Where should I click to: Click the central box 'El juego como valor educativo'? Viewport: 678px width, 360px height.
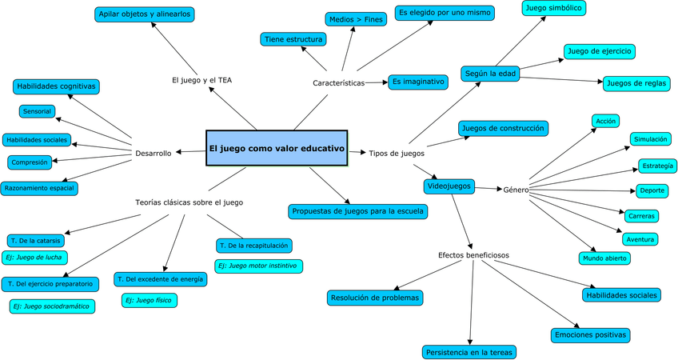pyautogui.click(x=277, y=148)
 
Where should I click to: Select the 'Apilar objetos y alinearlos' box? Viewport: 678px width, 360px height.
pyautogui.click(x=145, y=14)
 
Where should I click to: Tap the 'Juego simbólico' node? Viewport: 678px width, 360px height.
pyautogui.click(x=554, y=8)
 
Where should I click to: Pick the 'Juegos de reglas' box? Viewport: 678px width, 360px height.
pyautogui.click(x=636, y=82)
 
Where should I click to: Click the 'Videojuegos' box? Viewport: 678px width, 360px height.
pyautogui.click(x=449, y=186)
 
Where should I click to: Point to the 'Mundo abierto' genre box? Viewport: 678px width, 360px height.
pyautogui.click(x=604, y=258)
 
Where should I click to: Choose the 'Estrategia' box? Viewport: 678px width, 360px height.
pyautogui.click(x=657, y=166)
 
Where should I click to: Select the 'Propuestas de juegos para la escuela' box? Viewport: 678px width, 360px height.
pyautogui.click(x=357, y=211)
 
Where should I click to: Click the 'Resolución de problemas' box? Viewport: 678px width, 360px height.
pyautogui.click(x=375, y=298)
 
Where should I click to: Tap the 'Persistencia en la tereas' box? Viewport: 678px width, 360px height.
pyautogui.click(x=469, y=351)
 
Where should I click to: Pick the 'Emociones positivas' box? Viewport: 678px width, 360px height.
pyautogui.click(x=591, y=334)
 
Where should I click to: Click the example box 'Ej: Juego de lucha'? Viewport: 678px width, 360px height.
pyautogui.click(x=34, y=257)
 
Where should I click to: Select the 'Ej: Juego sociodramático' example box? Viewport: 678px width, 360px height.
pyautogui.click(x=51, y=306)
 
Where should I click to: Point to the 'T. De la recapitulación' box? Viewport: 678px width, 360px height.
pyautogui.click(x=253, y=245)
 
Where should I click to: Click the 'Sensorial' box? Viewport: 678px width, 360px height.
pyautogui.click(x=38, y=111)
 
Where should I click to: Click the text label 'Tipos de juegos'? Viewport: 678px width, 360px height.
pyautogui.click(x=397, y=153)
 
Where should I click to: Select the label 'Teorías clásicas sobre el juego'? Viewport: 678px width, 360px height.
pyautogui.click(x=189, y=202)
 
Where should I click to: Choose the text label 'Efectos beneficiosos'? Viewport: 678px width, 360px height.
pyautogui.click(x=473, y=255)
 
